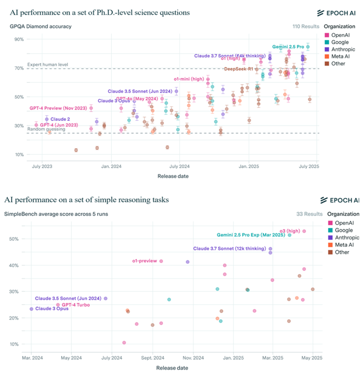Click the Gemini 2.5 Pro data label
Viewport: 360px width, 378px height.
tap(288, 47)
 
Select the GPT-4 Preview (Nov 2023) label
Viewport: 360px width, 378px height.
tap(58, 108)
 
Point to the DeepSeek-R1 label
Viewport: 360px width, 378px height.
tap(238, 69)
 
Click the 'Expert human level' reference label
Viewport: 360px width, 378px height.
tap(48, 65)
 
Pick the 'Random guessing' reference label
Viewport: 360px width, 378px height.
tap(46, 129)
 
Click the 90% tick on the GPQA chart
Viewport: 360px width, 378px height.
tap(19, 39)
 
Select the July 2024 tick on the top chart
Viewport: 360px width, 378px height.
tap(179, 166)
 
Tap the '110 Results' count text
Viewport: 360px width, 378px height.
tap(306, 26)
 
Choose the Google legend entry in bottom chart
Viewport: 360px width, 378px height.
tap(344, 230)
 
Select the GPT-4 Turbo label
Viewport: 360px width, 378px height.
tap(76, 305)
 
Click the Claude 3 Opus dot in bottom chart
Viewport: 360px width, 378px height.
tap(32, 309)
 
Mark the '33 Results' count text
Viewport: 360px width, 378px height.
tap(309, 214)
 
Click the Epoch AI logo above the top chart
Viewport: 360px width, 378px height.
tap(336, 13)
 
